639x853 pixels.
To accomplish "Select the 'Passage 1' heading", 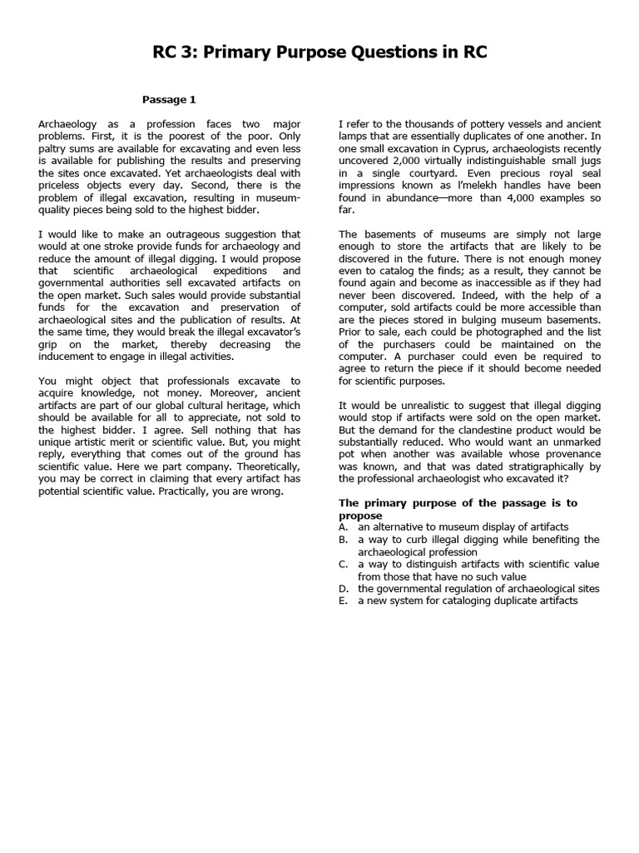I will pos(169,100).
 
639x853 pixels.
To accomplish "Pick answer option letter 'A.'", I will pos(343,527).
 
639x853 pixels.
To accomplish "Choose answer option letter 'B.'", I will pos(343,540).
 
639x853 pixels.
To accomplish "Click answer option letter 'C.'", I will pos(343,564).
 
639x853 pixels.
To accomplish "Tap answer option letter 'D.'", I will pos(343,588).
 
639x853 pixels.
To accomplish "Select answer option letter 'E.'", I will pos(343,600).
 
